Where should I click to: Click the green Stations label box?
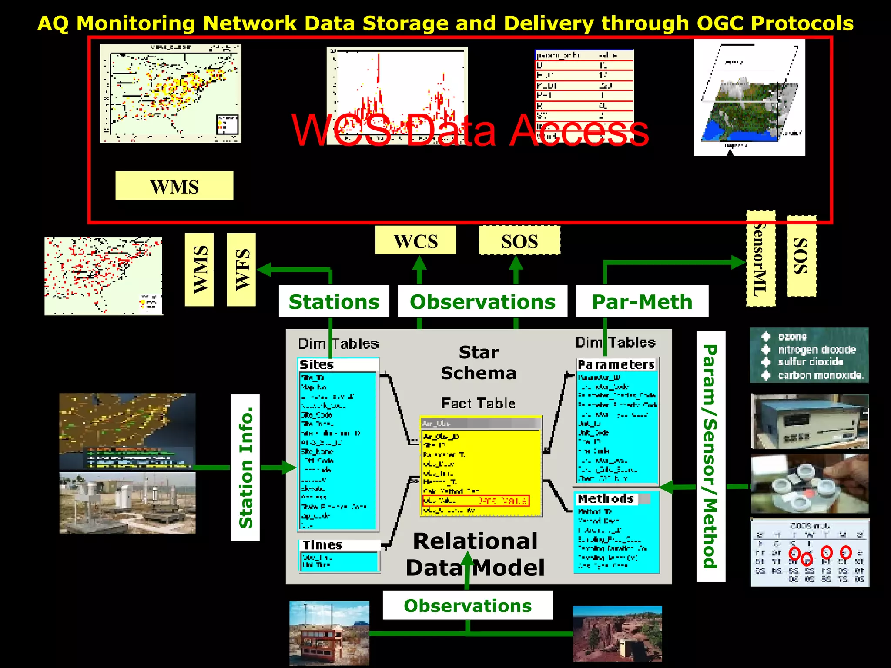tap(334, 301)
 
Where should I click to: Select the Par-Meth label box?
tap(642, 301)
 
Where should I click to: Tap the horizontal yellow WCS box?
tap(415, 240)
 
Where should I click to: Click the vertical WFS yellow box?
tap(241, 270)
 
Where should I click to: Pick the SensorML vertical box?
tap(760, 259)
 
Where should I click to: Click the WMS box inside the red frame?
tap(174, 186)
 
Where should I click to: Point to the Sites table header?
tap(317, 364)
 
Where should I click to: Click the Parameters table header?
tap(616, 364)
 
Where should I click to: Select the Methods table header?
tap(606, 499)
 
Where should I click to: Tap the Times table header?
tap(322, 545)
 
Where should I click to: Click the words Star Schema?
tap(479, 362)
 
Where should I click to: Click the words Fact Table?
tap(478, 403)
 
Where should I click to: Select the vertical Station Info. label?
tap(245, 468)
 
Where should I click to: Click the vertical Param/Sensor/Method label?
tap(710, 456)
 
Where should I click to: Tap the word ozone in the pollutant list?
tap(792, 337)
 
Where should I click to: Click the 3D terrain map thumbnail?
tap(749, 98)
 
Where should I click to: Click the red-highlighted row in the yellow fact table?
tap(476, 501)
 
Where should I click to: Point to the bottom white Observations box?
tap(467, 605)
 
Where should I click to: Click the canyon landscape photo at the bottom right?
tap(617, 634)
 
